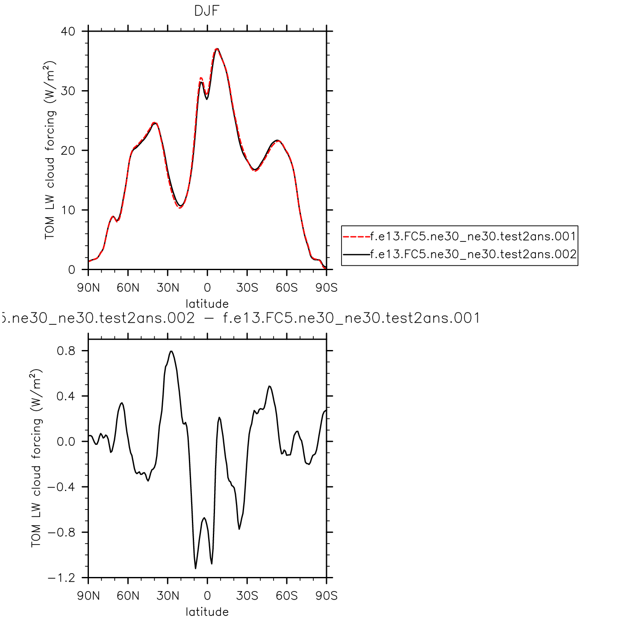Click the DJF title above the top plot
coord(207,11)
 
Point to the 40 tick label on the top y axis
coord(68,31)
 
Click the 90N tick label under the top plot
coord(88,288)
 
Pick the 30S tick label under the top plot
coord(247,288)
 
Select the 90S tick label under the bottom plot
coord(327,596)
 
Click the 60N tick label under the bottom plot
coord(128,596)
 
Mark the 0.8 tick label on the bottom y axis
coord(66,351)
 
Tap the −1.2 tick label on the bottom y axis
coord(61,578)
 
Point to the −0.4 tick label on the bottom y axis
coord(61,487)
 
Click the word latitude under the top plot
coord(207,304)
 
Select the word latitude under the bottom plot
coord(207,612)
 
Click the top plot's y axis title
coord(50,150)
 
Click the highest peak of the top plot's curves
coord(217,49)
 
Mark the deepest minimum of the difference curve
coord(196,568)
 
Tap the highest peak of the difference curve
coord(171,351)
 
